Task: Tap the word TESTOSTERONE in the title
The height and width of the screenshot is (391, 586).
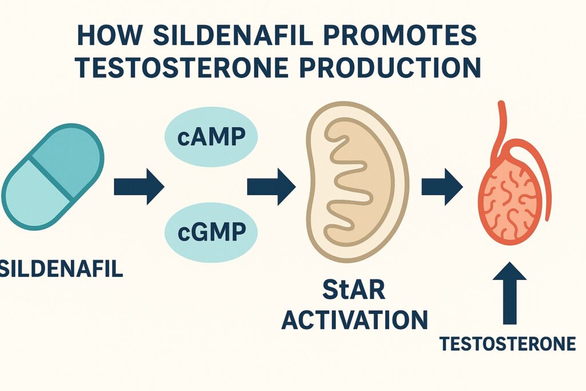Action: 183,68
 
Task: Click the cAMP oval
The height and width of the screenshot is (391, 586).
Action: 211,136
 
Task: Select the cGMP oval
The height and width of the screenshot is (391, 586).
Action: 211,232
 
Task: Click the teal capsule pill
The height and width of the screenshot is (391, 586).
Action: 53,177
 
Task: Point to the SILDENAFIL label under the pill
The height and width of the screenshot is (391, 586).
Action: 61,268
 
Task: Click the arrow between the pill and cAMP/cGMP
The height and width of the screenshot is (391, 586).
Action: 139,187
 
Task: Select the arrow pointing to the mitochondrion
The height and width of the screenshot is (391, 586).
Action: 271,187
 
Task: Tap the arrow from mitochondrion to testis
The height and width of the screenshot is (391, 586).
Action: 442,187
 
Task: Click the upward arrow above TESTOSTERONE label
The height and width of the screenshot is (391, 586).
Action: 510,293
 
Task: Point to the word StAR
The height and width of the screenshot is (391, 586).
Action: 354,290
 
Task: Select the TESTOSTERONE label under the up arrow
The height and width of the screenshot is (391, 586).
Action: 508,343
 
